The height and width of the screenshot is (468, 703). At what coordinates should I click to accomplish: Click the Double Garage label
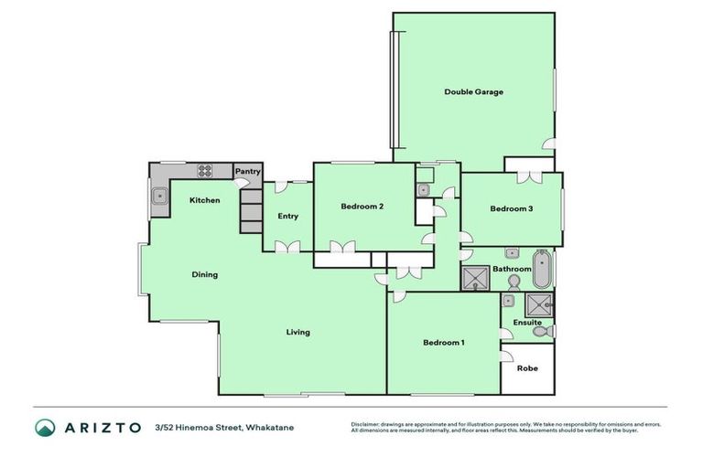473,91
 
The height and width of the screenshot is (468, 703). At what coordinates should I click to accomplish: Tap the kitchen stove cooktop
203,170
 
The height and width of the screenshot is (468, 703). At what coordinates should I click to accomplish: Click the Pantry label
248,171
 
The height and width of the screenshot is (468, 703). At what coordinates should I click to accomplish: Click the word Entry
287,216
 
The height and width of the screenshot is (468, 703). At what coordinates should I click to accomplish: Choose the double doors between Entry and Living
287,246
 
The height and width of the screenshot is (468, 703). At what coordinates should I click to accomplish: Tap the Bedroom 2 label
362,207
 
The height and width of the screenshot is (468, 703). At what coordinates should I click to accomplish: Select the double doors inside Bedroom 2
344,246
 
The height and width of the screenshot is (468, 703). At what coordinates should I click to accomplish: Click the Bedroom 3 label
511,209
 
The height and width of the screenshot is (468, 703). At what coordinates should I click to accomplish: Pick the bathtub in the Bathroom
542,267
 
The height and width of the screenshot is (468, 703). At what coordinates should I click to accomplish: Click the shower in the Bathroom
475,277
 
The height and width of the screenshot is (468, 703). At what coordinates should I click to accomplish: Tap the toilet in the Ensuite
541,333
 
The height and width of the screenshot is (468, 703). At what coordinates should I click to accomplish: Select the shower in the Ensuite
539,304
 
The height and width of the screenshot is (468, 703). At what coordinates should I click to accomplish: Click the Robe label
527,368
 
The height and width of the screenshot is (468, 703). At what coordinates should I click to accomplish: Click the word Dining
204,274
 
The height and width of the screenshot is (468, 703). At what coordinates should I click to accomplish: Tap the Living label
297,332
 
